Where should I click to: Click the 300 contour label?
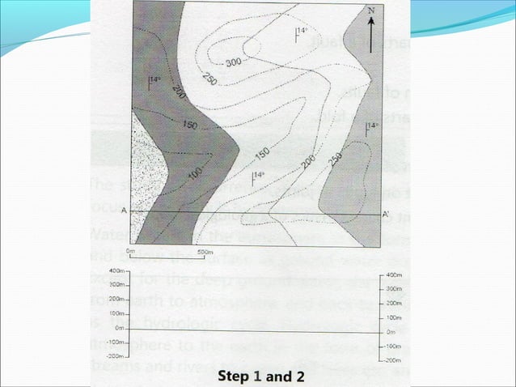[235, 62]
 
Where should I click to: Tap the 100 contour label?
[195, 172]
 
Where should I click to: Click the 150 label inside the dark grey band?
[191, 125]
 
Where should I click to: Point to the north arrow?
[371, 32]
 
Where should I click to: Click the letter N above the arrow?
[370, 11]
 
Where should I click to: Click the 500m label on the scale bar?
[205, 252]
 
